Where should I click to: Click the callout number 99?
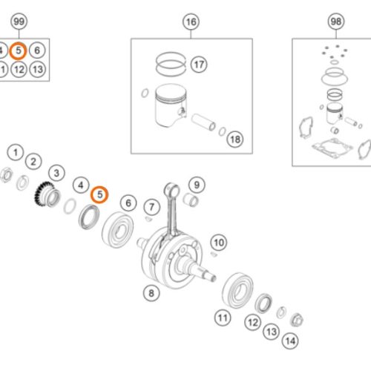(19, 22)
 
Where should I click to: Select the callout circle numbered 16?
(191, 22)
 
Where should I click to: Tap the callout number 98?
(336, 22)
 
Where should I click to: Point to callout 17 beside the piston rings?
(199, 65)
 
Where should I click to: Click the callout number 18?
(235, 139)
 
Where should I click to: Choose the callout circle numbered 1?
(16, 152)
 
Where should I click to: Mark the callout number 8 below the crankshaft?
(151, 293)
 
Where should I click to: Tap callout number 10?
(219, 243)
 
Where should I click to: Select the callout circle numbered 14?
(290, 341)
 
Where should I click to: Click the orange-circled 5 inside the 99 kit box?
(18, 50)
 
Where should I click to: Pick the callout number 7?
(152, 207)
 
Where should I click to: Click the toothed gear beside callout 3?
(47, 194)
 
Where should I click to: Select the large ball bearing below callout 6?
(117, 230)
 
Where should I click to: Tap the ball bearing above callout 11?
(237, 290)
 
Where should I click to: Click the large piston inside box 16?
(171, 105)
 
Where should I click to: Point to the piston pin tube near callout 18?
(203, 122)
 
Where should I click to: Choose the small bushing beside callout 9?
(191, 199)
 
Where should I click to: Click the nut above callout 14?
(296, 320)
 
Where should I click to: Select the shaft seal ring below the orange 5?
(89, 217)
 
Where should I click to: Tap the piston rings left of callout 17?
(171, 64)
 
